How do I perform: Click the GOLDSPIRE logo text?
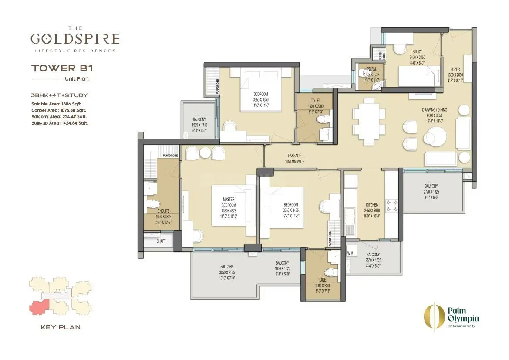coord(75,39)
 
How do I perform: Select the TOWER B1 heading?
coord(62,68)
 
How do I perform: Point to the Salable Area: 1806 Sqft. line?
coord(56,104)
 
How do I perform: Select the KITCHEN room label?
coord(372,204)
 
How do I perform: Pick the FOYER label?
coord(455,69)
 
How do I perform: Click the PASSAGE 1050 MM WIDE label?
coord(294,158)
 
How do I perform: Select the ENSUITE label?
coord(164,210)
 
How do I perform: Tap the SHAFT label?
coord(160,241)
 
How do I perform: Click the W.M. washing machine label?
coord(350,253)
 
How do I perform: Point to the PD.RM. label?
coord(371,69)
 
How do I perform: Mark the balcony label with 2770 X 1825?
coord(431,191)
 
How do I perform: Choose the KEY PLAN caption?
coord(60,327)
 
